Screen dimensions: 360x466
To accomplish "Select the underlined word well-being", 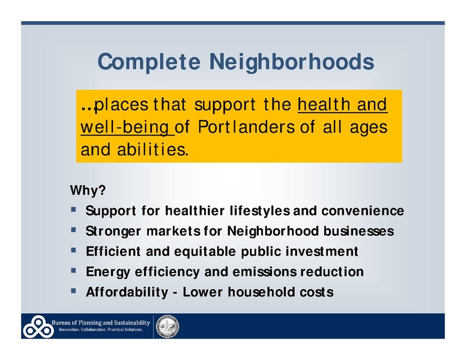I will tap(126, 127).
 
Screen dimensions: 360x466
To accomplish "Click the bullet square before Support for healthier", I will tap(73, 211).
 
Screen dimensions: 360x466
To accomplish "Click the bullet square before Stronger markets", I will tap(73, 230).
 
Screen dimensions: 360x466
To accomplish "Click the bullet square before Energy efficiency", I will tap(73, 271).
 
